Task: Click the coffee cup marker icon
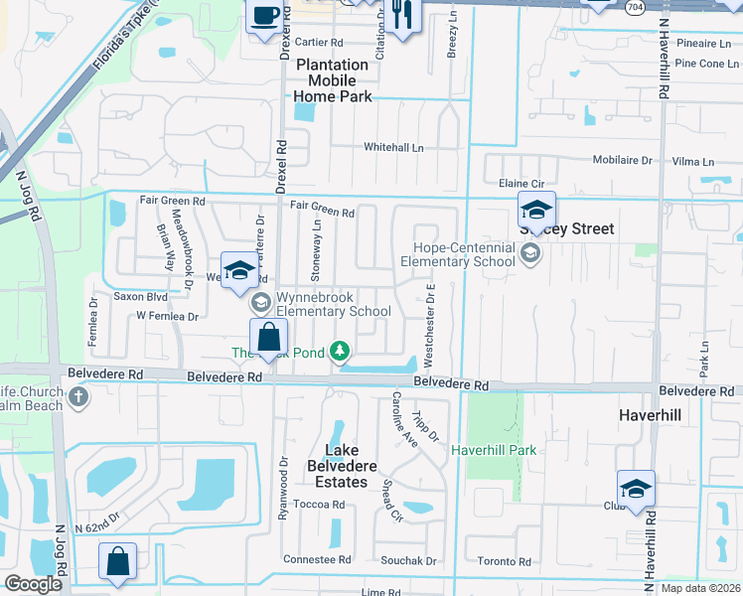(x=264, y=17)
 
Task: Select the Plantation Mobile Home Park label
(x=333, y=80)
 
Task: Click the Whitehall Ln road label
(x=393, y=147)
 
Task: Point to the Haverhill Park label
(x=494, y=450)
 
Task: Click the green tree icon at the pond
(x=341, y=351)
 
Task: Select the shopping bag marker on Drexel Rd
(x=268, y=338)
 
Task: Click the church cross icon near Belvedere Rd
(x=78, y=399)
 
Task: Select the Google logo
(x=34, y=584)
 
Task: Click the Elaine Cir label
(x=522, y=184)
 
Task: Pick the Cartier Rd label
(x=319, y=43)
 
